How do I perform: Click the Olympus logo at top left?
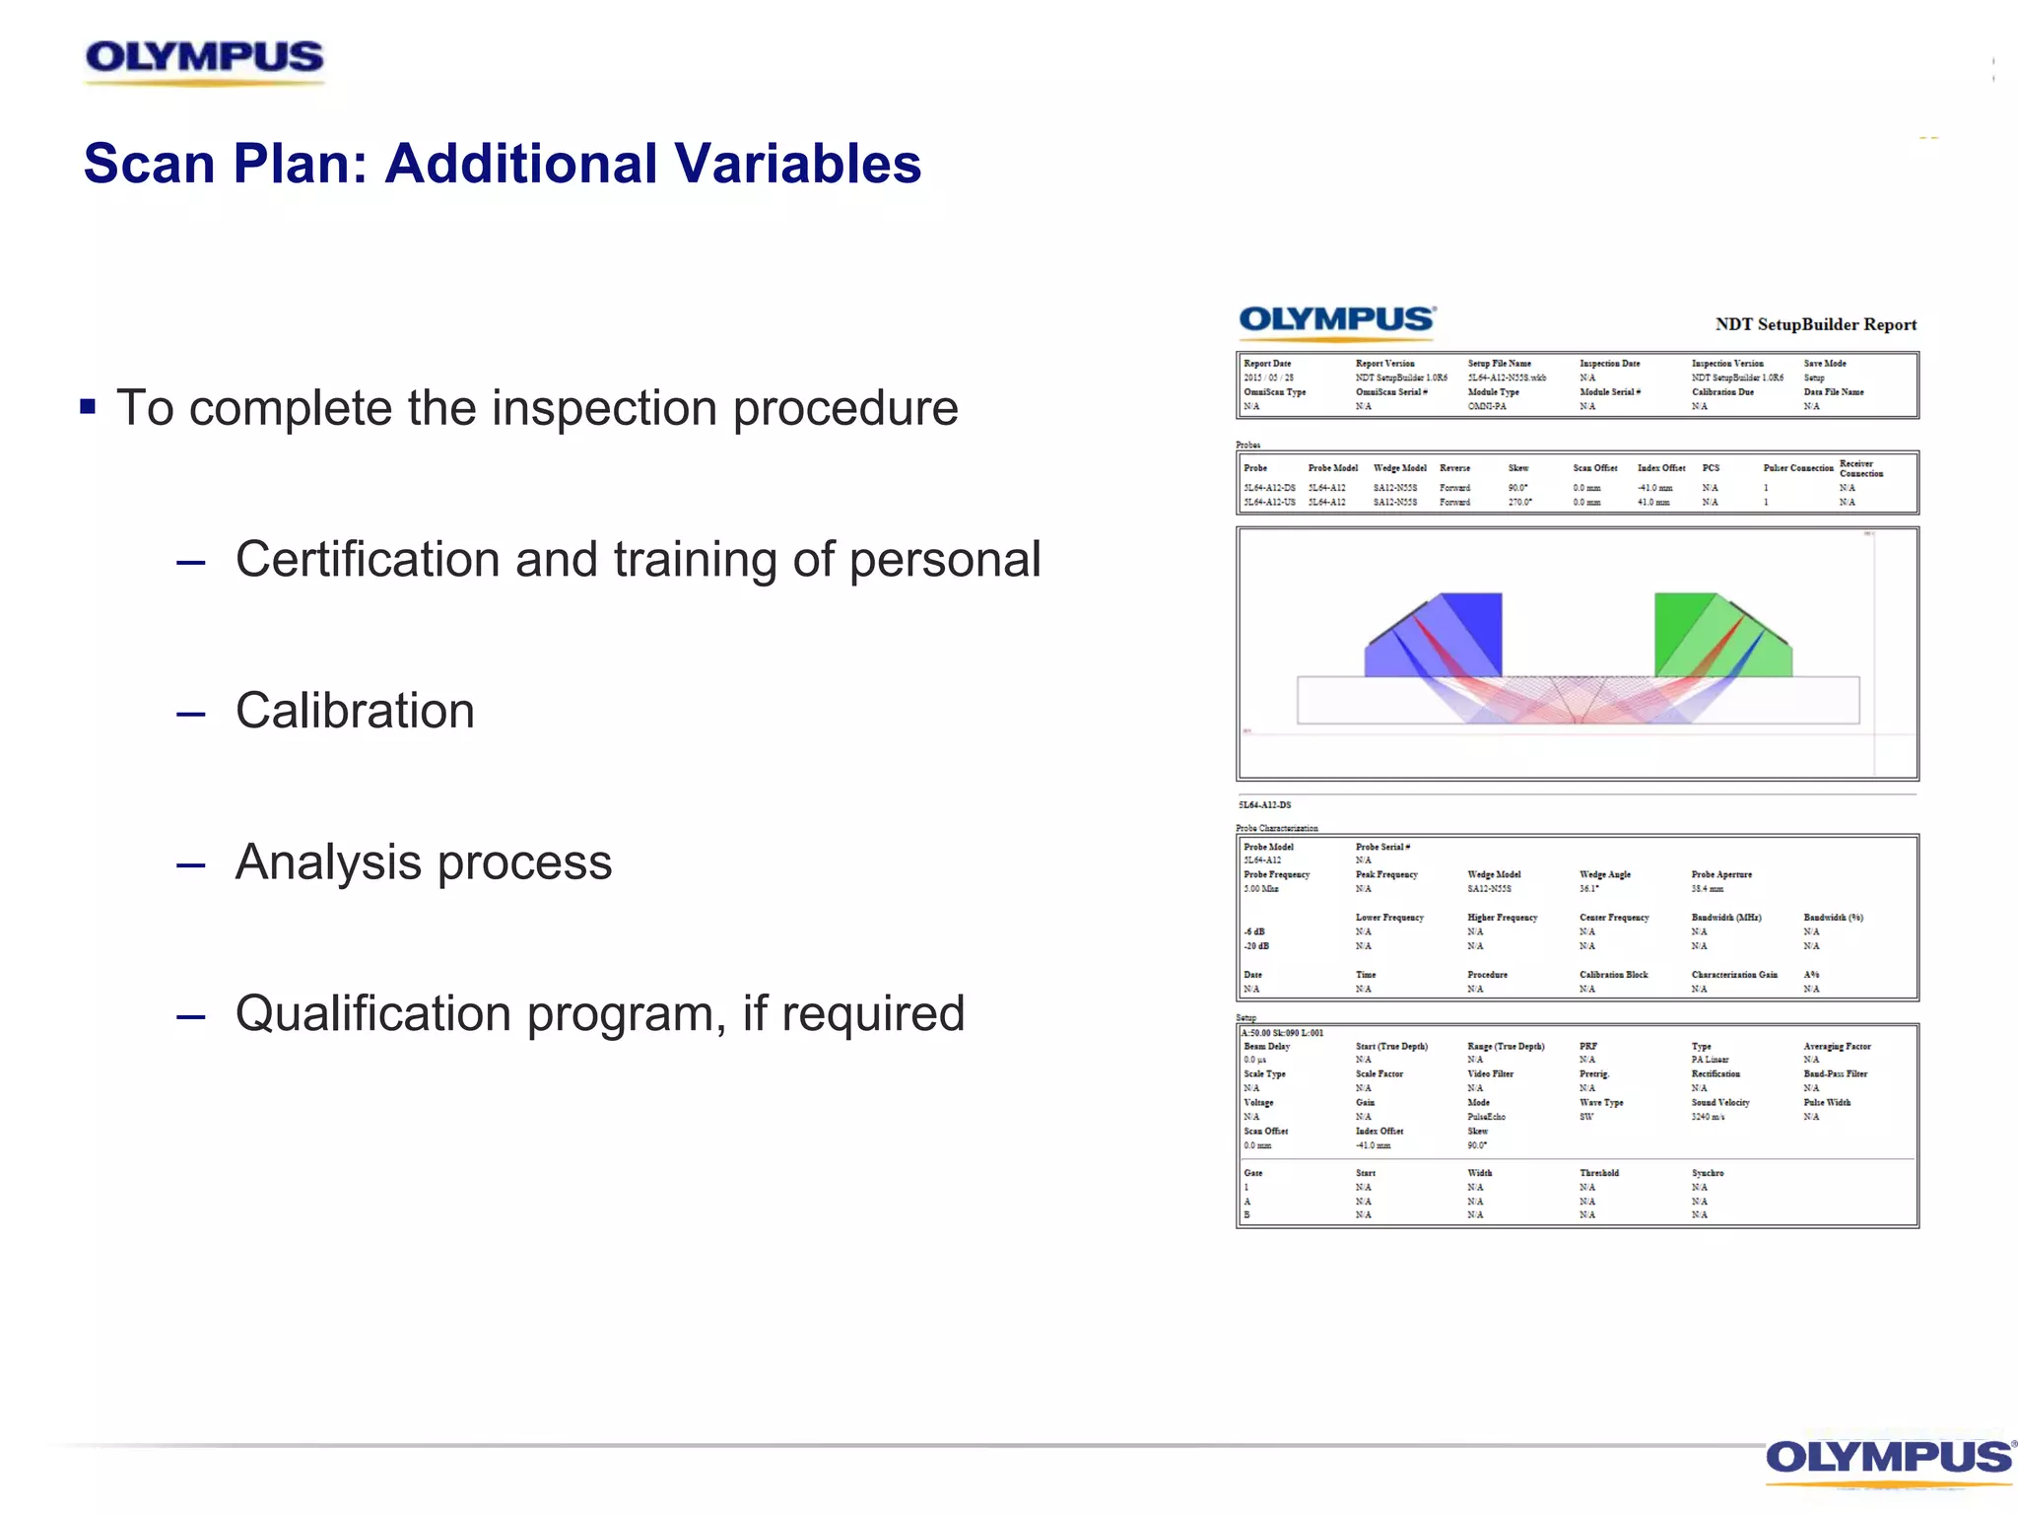pyautogui.click(x=204, y=59)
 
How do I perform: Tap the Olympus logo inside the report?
pyautogui.click(x=1336, y=320)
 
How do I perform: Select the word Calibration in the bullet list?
pyautogui.click(x=355, y=711)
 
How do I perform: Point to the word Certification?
pyautogui.click(x=368, y=560)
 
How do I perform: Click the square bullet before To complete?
pyautogui.click(x=88, y=406)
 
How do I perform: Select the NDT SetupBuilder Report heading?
pyautogui.click(x=1815, y=324)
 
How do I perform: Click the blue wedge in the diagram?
pyautogui.click(x=1448, y=636)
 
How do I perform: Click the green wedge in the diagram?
pyautogui.click(x=1710, y=636)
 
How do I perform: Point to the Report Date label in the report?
pyautogui.click(x=1266, y=364)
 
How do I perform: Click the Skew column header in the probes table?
pyautogui.click(x=1517, y=468)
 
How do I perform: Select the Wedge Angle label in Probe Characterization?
pyautogui.click(x=1604, y=874)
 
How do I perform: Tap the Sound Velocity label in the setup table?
pyautogui.click(x=1719, y=1103)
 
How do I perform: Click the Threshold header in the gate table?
pyautogui.click(x=1598, y=1173)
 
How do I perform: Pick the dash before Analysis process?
pyautogui.click(x=190, y=865)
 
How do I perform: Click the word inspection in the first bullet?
pyautogui.click(x=604, y=408)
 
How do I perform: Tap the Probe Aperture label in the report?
pyautogui.click(x=1720, y=874)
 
